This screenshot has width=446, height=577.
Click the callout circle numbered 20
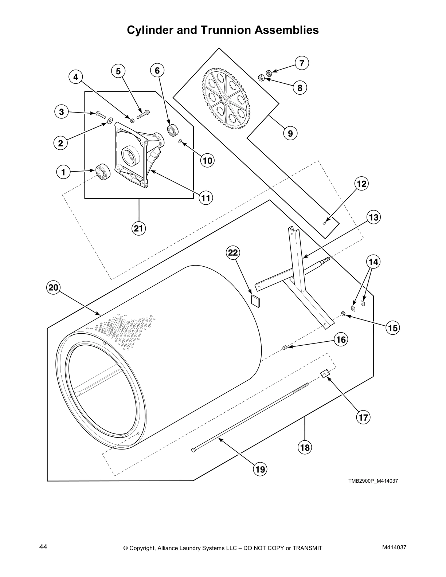coord(54,288)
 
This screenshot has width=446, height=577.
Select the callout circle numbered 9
coord(290,133)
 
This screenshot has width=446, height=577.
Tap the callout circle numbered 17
coord(363,417)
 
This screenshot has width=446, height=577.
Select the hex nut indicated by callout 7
coord(269,73)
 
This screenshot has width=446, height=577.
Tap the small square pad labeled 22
coord(256,301)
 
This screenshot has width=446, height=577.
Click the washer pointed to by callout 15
coord(343,314)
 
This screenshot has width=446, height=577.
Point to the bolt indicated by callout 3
coord(100,114)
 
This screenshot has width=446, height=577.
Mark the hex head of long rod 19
coord(193,451)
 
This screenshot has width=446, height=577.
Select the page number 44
coord(43,547)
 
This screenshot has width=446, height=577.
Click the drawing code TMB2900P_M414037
coord(373,481)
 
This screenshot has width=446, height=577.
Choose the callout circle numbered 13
coord(373,217)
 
